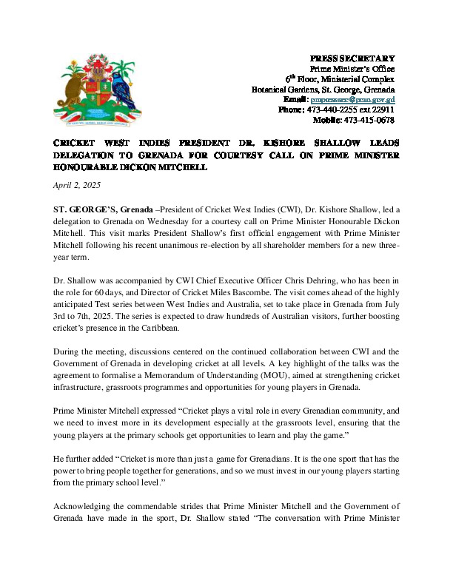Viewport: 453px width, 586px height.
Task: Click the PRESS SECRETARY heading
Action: pos(352,58)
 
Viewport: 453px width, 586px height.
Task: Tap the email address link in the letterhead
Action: pos(353,99)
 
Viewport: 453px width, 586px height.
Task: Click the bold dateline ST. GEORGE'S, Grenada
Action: pos(101,210)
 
